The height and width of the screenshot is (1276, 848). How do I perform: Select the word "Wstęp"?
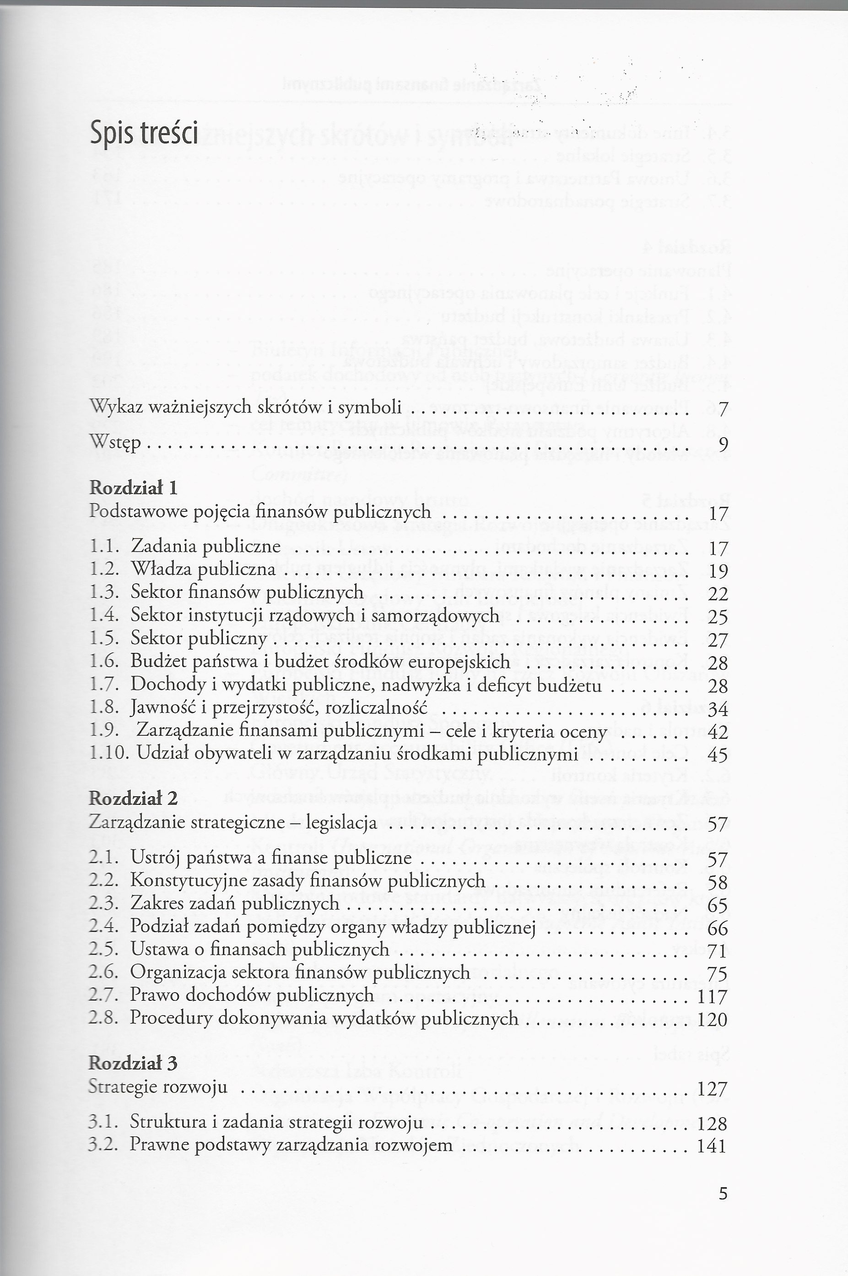point(115,443)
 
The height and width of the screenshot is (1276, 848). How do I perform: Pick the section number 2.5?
point(103,949)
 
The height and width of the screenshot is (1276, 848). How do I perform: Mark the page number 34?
point(717,709)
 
